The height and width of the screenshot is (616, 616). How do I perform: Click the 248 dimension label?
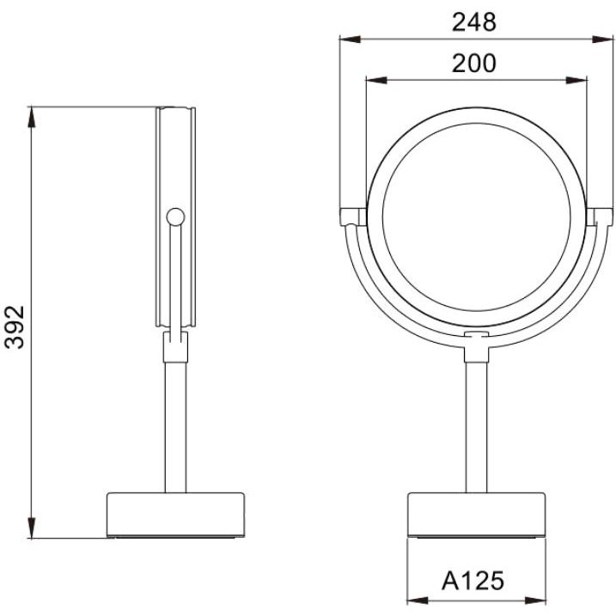473,22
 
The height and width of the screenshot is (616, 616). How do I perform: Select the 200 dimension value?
473,64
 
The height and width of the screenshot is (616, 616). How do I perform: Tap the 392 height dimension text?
15,327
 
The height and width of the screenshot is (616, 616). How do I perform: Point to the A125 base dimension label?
473,581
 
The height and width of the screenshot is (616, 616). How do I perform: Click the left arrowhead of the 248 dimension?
350,40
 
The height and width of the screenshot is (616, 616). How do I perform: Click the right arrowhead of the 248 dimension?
602,40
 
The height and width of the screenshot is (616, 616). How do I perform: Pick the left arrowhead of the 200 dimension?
376,81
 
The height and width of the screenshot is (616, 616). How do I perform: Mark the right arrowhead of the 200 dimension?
576,81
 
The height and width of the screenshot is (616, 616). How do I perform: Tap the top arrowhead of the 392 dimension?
32,117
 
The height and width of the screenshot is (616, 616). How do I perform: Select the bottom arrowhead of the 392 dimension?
32,528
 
